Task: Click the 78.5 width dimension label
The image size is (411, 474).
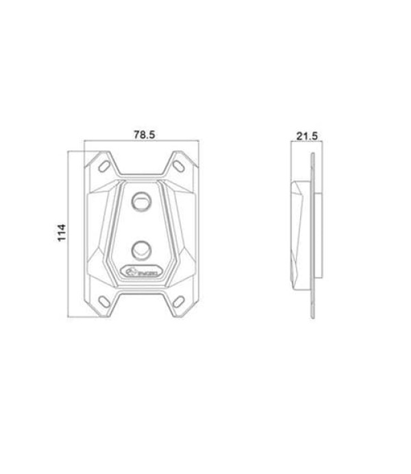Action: tap(144, 135)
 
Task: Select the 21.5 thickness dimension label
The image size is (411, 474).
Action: tap(307, 135)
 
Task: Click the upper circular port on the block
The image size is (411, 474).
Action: tap(142, 201)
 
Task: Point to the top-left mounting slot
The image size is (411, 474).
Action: tap(105, 164)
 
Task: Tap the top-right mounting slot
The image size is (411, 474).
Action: tap(179, 164)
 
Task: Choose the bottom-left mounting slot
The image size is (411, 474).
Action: tap(105, 300)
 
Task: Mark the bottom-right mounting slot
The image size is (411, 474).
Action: tap(179, 300)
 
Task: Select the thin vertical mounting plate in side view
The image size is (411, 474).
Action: tap(312, 233)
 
